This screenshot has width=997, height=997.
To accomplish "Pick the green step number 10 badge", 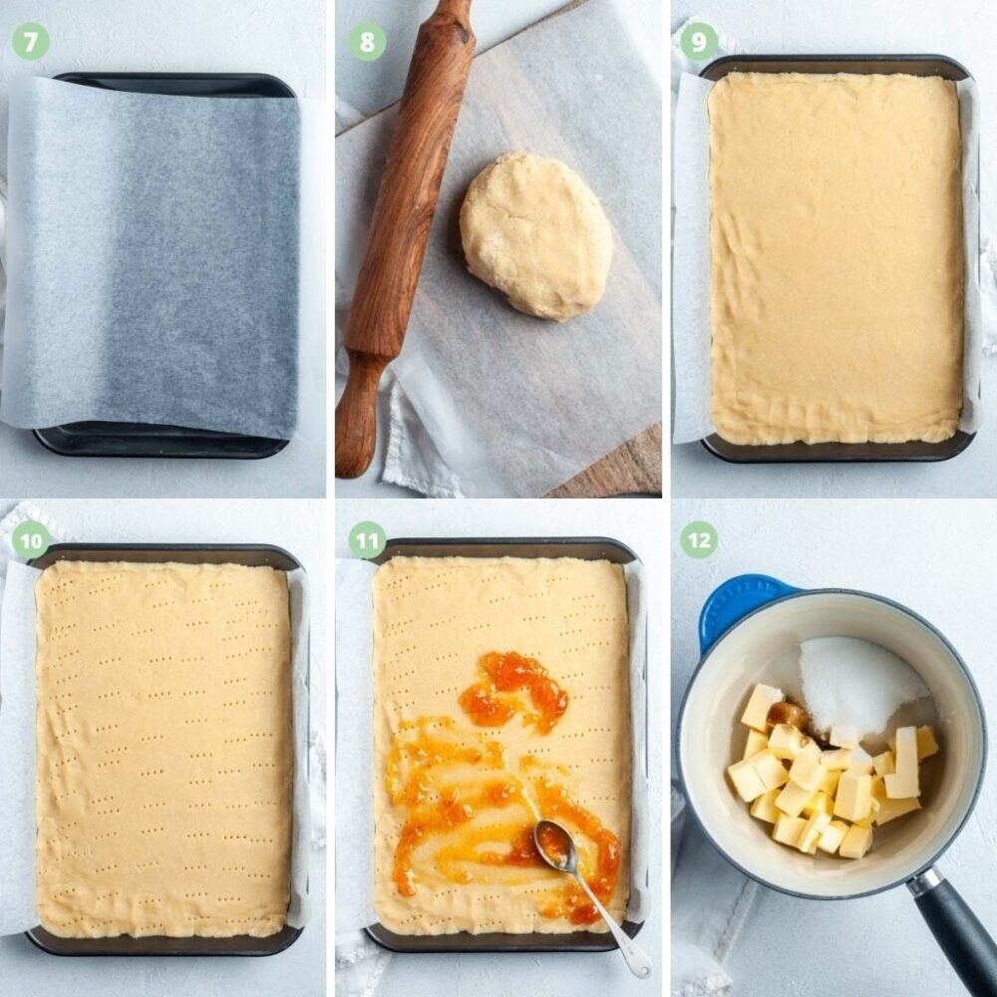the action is [x=30, y=540].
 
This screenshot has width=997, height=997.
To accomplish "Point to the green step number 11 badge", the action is [x=367, y=540].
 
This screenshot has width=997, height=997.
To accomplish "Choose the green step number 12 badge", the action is [x=698, y=540].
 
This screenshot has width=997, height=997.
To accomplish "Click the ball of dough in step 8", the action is [x=536, y=234].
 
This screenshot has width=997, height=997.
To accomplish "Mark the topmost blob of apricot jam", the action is [x=515, y=690].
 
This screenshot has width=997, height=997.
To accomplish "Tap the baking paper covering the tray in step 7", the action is [x=153, y=254].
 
